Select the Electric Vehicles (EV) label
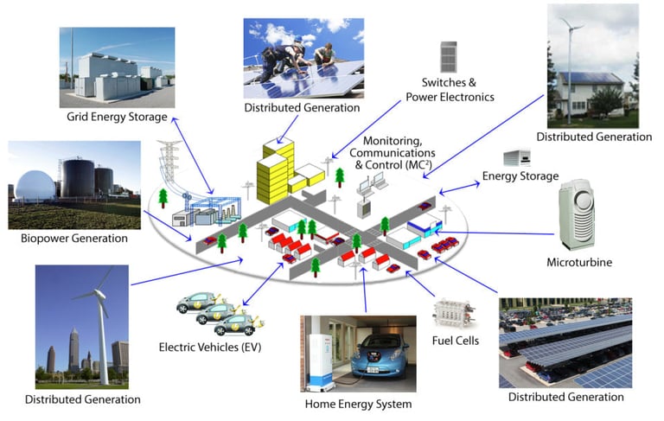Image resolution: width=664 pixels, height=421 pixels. pos(210,348)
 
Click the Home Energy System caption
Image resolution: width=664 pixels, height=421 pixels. pos(358,404)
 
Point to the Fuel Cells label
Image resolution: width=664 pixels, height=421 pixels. pos(455,341)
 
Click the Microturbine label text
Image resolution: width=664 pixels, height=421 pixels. pos(578,261)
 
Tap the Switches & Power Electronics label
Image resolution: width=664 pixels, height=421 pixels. pos(450,90)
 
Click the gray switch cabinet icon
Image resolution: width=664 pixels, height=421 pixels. pos(448,57)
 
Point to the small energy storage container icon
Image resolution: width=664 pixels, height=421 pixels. pos(516,158)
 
